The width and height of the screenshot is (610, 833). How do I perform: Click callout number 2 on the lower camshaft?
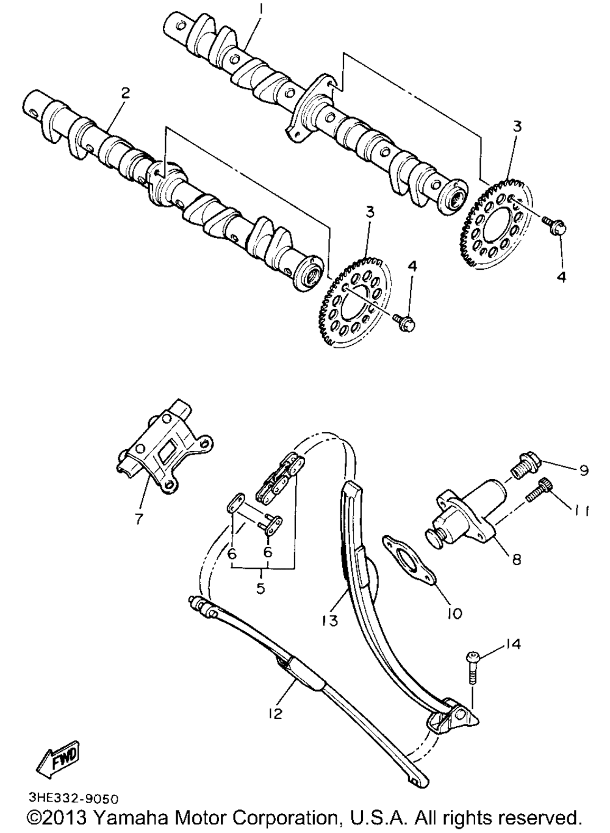coord(125,93)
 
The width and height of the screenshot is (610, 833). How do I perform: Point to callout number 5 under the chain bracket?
coord(260,589)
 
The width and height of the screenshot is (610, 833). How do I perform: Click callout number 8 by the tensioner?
coord(517,559)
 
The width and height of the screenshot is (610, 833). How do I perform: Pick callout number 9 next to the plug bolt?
coord(583,471)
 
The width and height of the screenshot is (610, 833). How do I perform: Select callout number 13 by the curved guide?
coord(330,620)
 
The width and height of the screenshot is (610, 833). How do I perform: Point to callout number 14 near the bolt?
coord(512,644)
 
